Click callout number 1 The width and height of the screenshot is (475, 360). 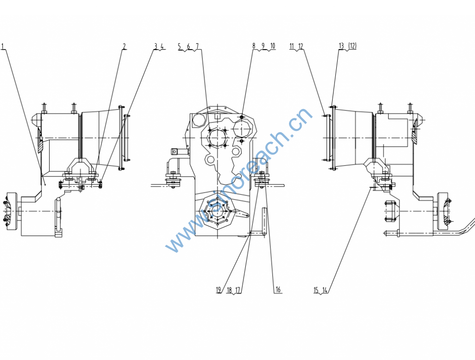pos(2,46)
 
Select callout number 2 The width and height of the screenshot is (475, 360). pos(124,46)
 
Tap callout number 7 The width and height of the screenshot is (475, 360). pos(197,46)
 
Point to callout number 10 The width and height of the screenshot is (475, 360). pos(273,46)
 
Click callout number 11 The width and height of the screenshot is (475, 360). pos(292,46)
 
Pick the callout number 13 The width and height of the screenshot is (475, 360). pos(341,46)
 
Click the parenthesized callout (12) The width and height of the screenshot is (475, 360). pos(353,46)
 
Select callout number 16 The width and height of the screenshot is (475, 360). pos(278,289)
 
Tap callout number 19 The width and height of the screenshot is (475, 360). pos(218,290)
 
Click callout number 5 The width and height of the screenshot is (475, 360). pos(180,46)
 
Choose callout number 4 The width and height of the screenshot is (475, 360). pos(162,46)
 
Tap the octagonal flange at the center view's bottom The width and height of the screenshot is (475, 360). pos(218,211)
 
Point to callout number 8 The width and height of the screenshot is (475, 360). pos(254,46)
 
